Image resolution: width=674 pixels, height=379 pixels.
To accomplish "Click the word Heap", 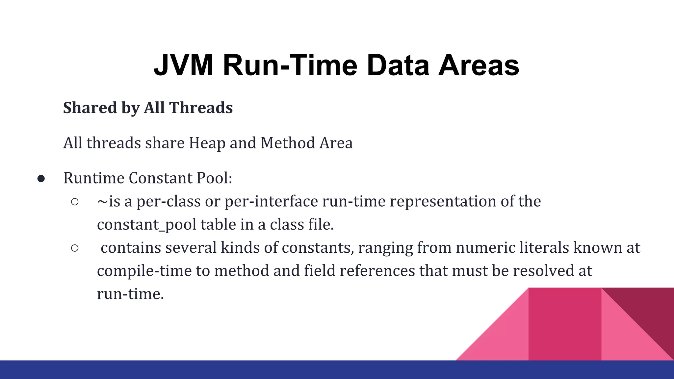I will pyautogui.click(x=207, y=143).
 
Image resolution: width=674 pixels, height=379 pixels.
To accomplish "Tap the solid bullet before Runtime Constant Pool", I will pyautogui.click(x=41, y=179).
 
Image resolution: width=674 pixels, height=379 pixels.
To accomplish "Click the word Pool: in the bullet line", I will pyautogui.click(x=214, y=178).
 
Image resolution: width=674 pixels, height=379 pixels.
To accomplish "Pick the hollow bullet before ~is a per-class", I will pyautogui.click(x=75, y=202).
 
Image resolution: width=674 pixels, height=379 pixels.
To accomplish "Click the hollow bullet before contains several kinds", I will pyautogui.click(x=75, y=248).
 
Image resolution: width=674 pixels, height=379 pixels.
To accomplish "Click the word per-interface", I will pyautogui.click(x=271, y=201).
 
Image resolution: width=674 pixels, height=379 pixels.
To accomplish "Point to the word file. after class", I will pyautogui.click(x=321, y=224).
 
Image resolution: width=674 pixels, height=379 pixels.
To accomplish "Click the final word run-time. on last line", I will pyautogui.click(x=130, y=294).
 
